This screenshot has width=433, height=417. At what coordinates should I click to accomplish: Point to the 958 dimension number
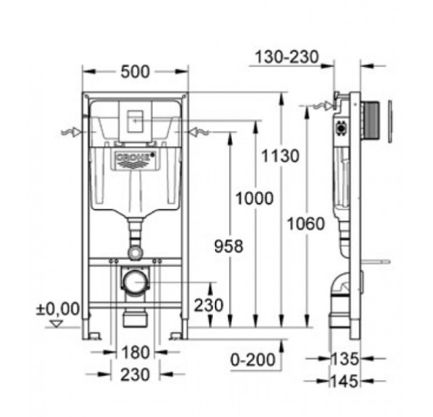229,246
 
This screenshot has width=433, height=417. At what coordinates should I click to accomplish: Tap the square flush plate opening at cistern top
135,123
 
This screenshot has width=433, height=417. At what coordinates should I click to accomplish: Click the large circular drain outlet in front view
134,281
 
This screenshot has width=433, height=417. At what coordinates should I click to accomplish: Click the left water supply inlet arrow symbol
71,133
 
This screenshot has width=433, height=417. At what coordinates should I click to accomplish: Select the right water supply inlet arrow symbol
199,133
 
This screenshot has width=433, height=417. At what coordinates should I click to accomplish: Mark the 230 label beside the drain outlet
208,305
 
